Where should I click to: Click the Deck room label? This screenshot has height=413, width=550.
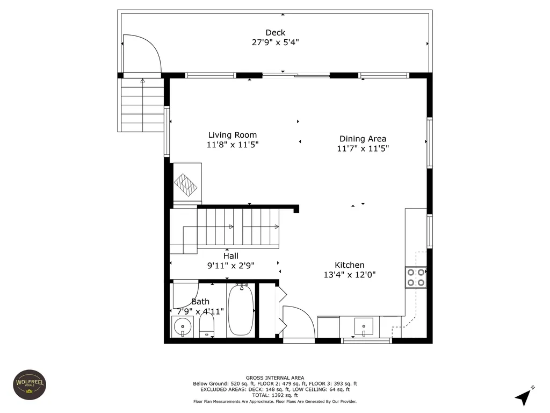point(276,33)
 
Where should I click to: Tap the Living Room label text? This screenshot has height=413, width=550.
point(232,135)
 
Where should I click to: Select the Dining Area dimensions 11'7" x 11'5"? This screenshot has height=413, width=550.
point(363,148)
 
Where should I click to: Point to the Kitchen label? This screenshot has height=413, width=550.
point(349,265)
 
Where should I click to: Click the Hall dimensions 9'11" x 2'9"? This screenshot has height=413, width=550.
point(231,266)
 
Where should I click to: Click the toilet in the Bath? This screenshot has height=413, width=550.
point(207,324)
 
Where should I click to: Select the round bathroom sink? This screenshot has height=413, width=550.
point(183,326)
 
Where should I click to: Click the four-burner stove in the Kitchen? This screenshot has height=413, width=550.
point(416,277)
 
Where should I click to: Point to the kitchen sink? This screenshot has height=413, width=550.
point(364,326)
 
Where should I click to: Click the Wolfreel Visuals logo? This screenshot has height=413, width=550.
point(30,384)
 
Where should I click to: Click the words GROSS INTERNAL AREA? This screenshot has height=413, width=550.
point(275,378)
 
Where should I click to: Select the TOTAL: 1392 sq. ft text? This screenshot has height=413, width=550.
point(275,395)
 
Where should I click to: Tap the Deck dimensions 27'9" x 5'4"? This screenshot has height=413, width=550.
point(276,42)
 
